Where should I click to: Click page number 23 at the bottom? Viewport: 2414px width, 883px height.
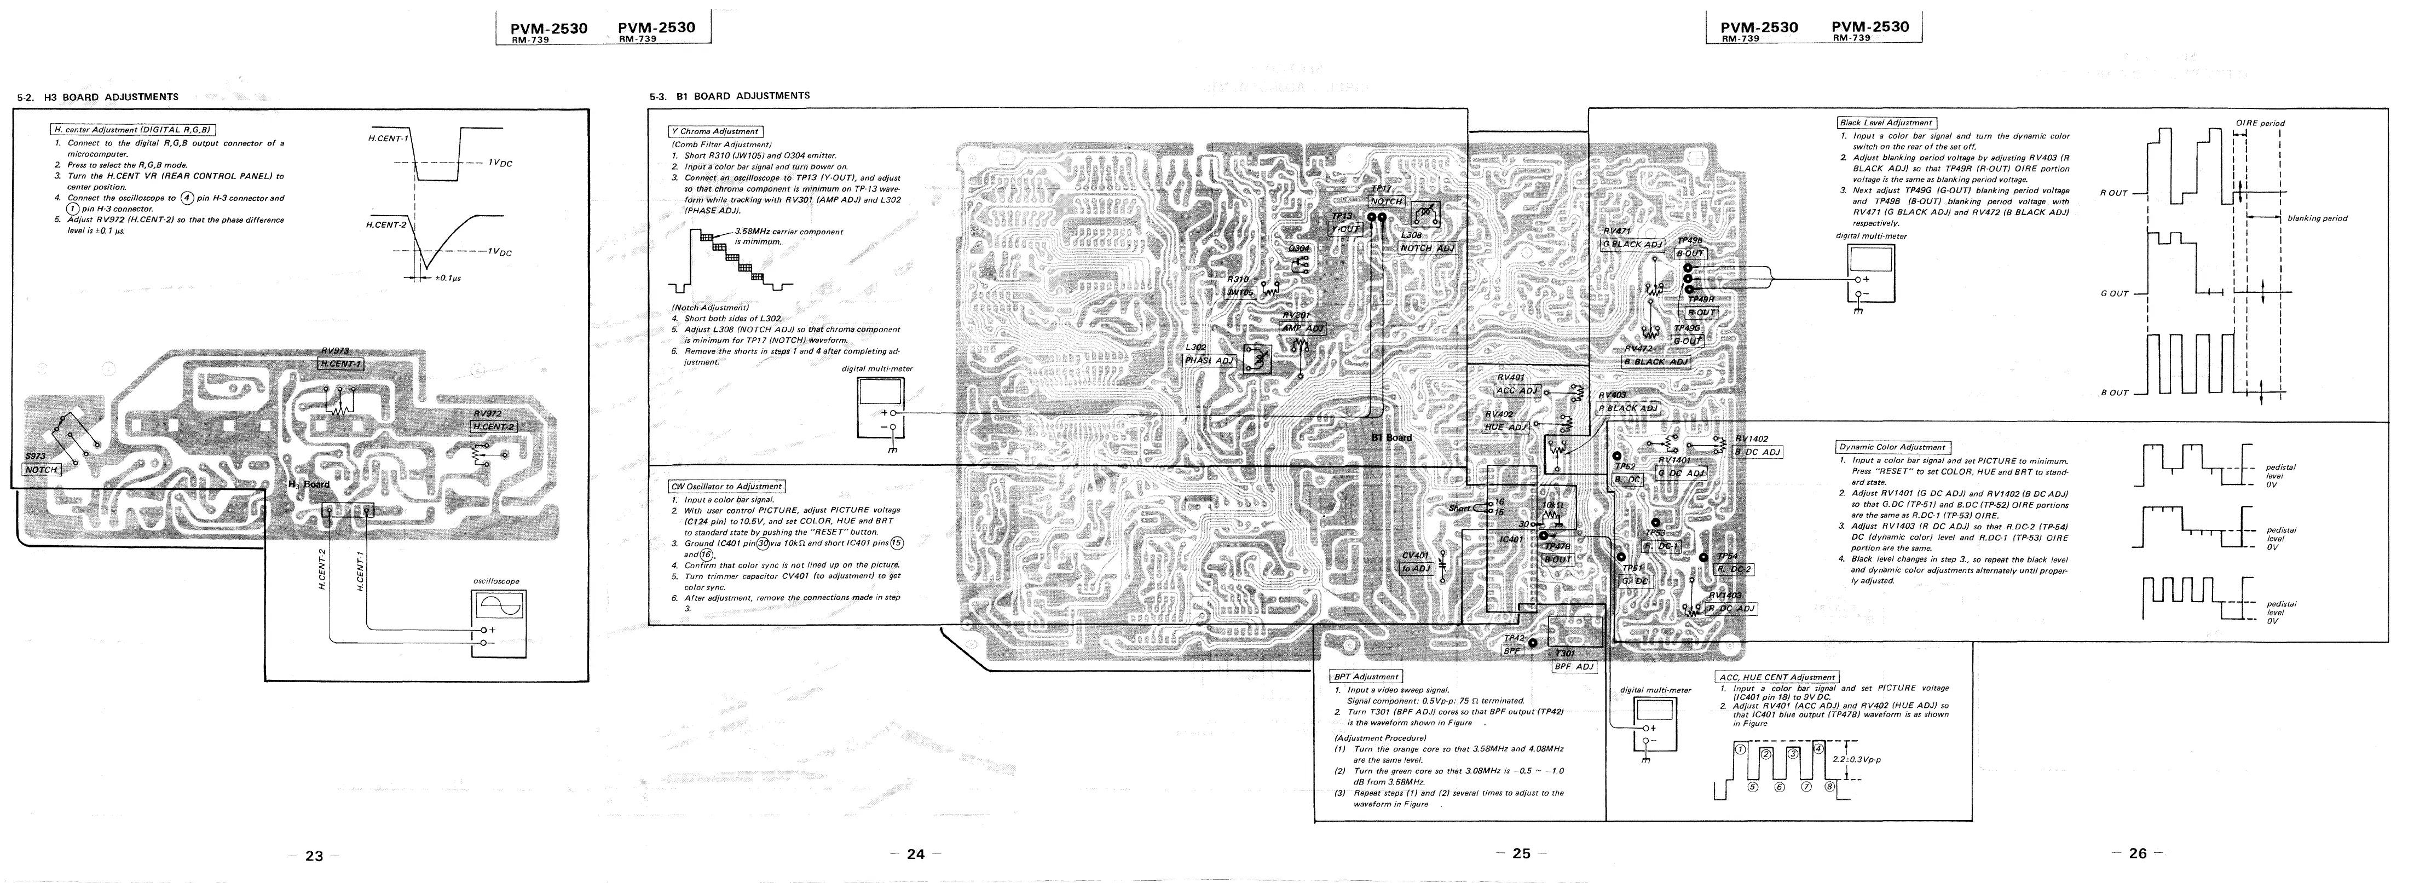click(x=314, y=856)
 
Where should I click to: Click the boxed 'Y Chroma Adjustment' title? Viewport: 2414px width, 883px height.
click(x=714, y=131)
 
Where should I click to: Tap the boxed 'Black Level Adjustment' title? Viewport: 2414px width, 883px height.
click(x=1885, y=123)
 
